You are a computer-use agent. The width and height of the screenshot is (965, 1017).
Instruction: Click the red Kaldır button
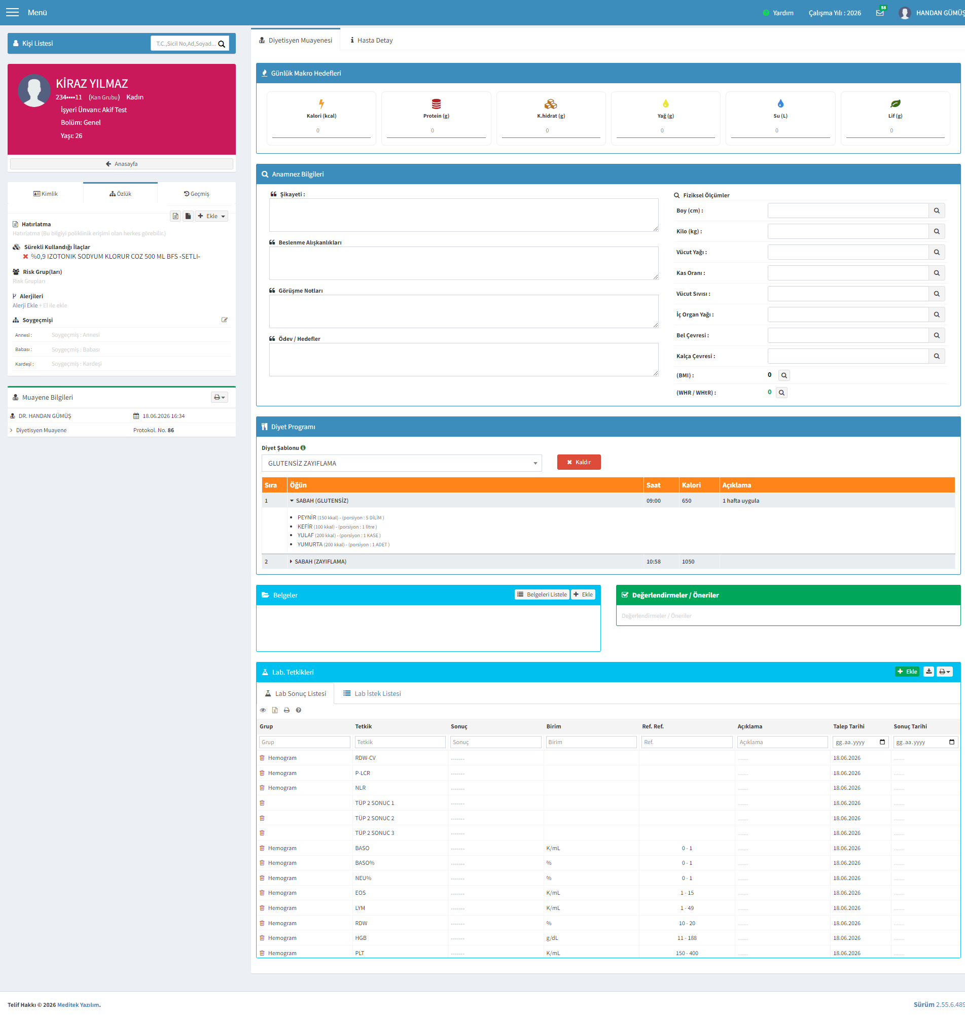578,462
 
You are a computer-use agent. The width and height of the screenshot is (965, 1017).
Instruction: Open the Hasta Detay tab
371,40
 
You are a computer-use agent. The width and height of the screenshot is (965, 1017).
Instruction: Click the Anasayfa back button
121,164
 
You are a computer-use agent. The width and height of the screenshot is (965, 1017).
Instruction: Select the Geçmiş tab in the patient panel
196,194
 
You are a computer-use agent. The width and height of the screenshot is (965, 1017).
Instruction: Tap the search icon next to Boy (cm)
936,211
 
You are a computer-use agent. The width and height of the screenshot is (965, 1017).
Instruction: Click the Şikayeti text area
463,215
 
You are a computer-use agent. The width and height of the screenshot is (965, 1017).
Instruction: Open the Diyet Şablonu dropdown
401,463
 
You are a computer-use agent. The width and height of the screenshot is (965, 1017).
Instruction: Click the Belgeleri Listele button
542,594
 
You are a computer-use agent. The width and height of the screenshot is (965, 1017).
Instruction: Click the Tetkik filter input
400,742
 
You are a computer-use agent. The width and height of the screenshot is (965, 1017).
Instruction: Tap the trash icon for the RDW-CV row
262,758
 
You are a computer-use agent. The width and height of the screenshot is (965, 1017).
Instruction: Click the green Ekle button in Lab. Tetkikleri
907,671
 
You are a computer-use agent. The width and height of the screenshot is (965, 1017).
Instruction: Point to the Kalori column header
691,485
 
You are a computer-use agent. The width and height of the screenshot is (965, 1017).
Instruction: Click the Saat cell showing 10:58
653,561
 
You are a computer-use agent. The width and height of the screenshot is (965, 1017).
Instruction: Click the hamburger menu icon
12,12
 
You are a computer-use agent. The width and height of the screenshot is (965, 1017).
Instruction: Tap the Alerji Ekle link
25,305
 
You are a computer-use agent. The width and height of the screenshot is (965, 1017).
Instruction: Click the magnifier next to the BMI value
784,375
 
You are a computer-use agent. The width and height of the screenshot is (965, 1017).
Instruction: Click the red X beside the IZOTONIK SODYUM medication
25,256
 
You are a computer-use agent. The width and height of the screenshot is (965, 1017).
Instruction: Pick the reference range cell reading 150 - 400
687,953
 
